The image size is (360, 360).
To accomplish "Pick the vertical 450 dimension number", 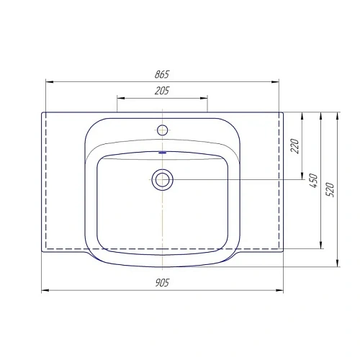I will pos(313,180).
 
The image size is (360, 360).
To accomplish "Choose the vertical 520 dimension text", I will pos(331,189).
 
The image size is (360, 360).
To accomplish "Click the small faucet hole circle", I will pos(162,130).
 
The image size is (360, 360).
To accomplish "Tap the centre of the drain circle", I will pos(162,179).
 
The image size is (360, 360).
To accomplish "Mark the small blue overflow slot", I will pos(162,153).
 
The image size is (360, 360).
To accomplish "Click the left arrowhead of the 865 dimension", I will pos(48,81).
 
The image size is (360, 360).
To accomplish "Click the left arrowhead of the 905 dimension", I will pos(44,290).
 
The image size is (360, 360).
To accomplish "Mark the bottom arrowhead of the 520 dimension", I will pos(337,264).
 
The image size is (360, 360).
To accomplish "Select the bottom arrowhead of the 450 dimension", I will pos(319,246).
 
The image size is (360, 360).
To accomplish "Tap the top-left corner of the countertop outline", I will pos(42,112).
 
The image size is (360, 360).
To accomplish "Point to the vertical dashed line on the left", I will pos(48,180).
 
